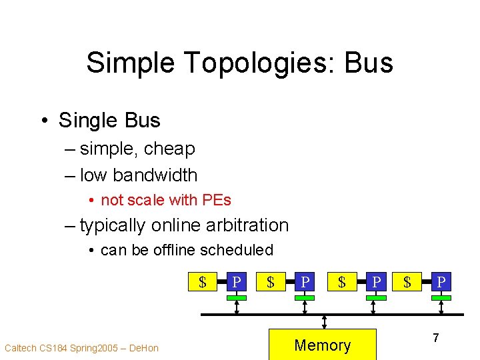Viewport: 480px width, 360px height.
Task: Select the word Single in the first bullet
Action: [84, 121]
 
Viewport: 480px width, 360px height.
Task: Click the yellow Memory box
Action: [323, 344]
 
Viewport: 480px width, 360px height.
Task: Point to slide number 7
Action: [435, 338]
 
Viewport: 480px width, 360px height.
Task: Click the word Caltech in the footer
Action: [21, 347]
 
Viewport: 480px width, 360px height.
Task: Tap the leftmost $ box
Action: [202, 282]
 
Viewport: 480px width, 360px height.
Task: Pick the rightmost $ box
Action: [407, 282]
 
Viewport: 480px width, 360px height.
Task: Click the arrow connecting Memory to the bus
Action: [324, 322]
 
